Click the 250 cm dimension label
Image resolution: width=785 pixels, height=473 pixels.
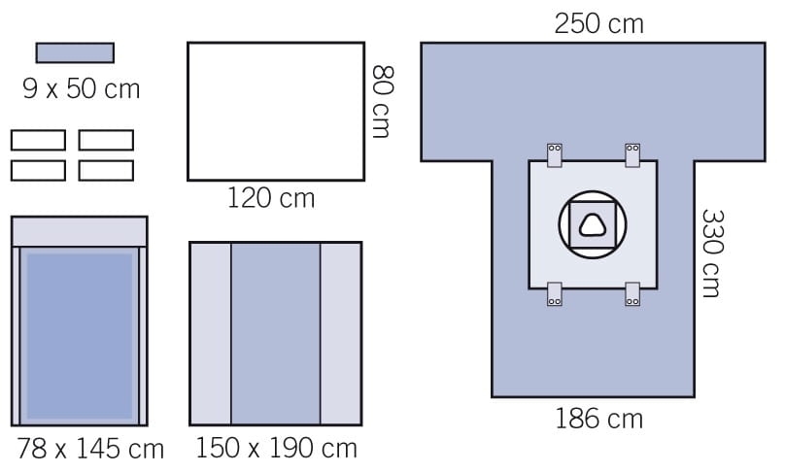pos(598,24)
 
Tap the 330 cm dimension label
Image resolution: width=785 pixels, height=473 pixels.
pos(713,253)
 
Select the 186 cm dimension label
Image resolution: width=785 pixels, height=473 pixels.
pos(598,419)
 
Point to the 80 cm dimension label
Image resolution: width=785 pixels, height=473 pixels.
pos(383,101)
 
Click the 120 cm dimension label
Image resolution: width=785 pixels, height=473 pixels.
pos(271,198)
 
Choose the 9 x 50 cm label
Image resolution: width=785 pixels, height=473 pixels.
pos(81,88)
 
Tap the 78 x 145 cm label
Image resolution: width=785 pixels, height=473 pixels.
pos(90,449)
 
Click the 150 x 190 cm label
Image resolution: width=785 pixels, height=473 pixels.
pos(276,448)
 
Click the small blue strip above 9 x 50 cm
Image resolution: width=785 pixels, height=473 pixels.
pos(75,52)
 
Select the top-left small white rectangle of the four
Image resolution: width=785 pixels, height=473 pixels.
pos(38,140)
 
